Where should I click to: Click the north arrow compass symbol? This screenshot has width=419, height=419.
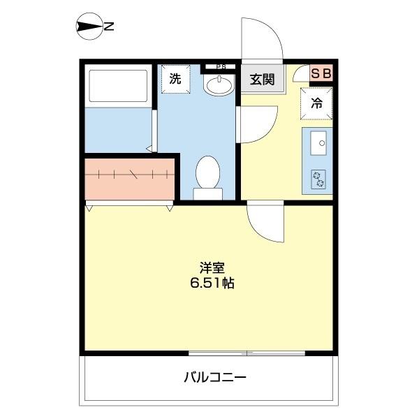point(88,28)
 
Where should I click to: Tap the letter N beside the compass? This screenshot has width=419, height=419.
point(110,28)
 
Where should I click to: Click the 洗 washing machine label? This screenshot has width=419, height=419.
point(175,78)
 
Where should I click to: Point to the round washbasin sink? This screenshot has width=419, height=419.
point(219,85)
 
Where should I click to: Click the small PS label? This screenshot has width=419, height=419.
point(221,68)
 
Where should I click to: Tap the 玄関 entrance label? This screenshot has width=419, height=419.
point(263,79)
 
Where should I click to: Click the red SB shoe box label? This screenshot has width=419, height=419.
point(322,73)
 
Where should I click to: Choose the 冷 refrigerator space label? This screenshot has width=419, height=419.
point(316,103)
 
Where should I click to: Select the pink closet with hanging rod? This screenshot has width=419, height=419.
point(130,178)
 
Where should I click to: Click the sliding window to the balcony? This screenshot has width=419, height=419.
point(247,353)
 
